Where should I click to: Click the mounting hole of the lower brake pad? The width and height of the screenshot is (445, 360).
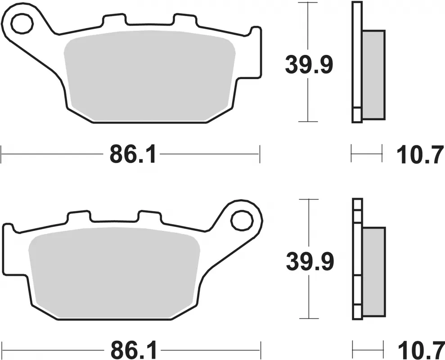coord(240,220)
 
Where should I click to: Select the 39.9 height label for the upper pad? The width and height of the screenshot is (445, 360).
coord(309,66)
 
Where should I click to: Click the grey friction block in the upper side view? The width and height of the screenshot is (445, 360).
coord(373,75)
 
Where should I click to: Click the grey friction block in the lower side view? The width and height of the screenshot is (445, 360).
coord(374,272)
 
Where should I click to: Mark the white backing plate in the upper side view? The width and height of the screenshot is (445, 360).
coord(357,58)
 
